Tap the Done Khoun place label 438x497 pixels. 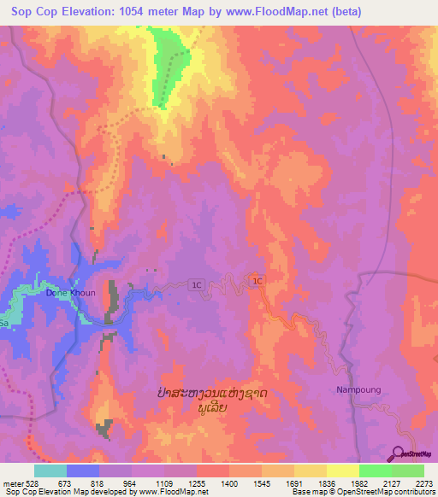[x=70, y=292]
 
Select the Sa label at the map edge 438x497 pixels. [x=4, y=325]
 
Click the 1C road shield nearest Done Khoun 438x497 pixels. [x=197, y=285]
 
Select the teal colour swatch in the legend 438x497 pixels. [x=50, y=471]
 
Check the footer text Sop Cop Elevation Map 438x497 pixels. [x=47, y=491]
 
